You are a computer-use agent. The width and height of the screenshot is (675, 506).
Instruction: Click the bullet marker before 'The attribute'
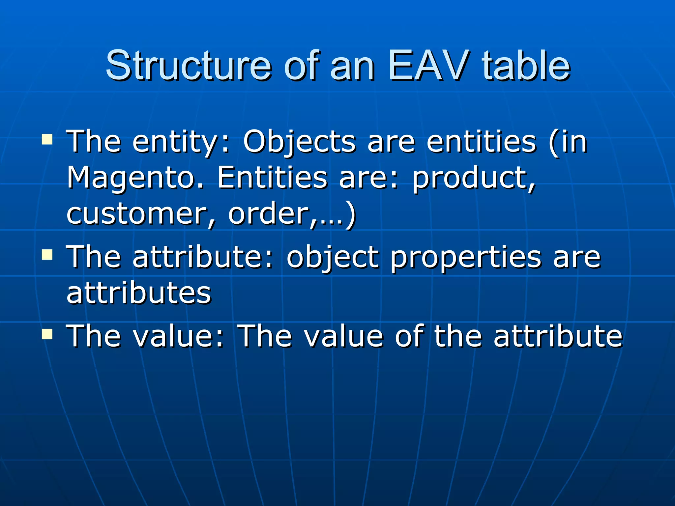(x=47, y=254)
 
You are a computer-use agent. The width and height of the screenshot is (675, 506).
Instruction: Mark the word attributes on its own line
(x=139, y=293)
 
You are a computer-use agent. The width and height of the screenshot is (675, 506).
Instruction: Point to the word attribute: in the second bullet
(x=203, y=257)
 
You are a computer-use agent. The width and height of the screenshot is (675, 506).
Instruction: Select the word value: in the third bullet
(x=178, y=336)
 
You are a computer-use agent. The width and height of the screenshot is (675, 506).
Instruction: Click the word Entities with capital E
(x=272, y=178)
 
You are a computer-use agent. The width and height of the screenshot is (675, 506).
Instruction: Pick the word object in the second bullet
(x=333, y=257)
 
